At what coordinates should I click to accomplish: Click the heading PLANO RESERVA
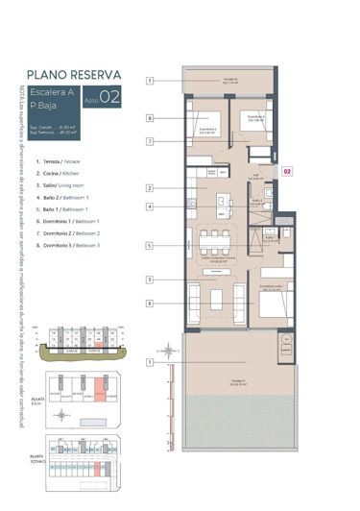(x=74, y=73)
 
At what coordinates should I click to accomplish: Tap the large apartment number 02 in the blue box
(x=109, y=95)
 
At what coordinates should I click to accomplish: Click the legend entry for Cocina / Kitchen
(x=63, y=174)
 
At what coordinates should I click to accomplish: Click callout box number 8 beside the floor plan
(x=151, y=118)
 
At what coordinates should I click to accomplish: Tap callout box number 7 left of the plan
(x=151, y=141)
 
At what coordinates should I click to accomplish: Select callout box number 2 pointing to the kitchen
(x=151, y=187)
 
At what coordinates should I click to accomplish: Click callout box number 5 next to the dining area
(x=151, y=246)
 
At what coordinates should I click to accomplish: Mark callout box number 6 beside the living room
(x=151, y=303)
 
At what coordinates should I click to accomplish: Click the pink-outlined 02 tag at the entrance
(x=286, y=171)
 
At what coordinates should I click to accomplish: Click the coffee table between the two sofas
(x=216, y=299)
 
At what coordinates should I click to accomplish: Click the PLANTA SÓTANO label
(x=37, y=459)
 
